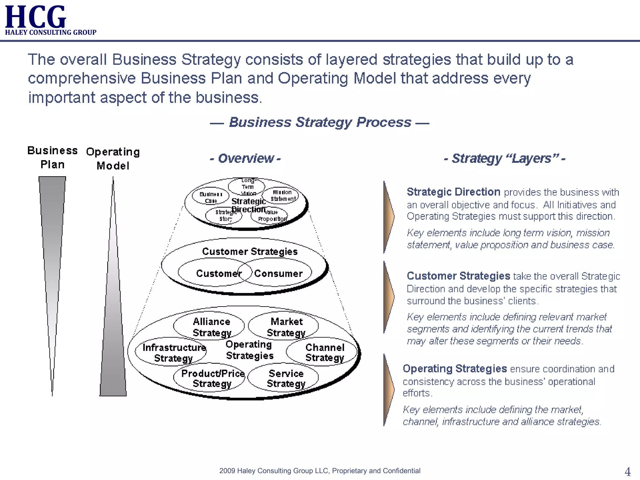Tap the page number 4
pos(627,471)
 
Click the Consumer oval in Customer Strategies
pos(278,273)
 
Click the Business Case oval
pos(211,197)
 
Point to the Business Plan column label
pos(52,157)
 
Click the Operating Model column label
pos(113,158)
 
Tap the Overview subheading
pos(245,158)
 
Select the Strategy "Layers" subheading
pos(504,158)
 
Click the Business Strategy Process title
pos(320,122)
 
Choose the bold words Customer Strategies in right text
pos(458,276)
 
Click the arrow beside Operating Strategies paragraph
pos(388,390)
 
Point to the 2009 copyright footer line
pos(320,471)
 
